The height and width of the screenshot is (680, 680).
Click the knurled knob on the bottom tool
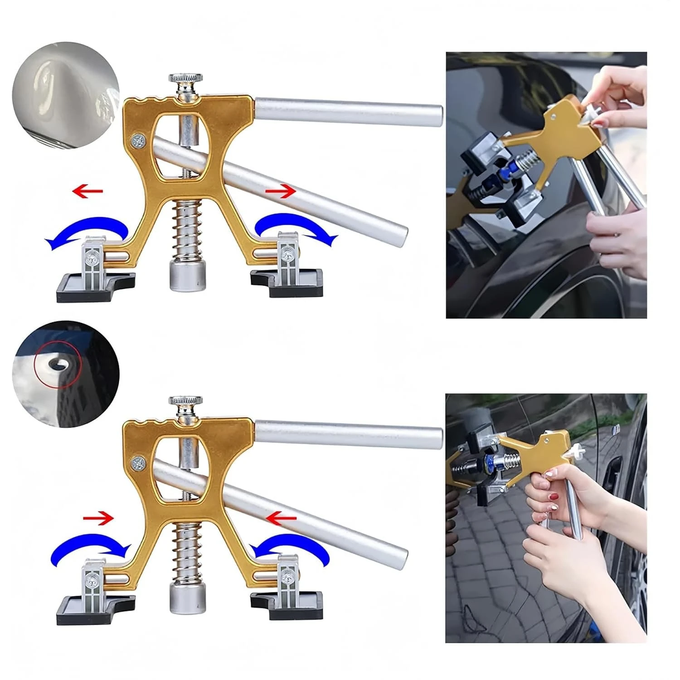[x=185, y=401]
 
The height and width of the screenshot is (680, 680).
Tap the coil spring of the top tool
[x=186, y=231]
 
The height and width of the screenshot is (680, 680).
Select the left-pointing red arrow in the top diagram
[x=87, y=191]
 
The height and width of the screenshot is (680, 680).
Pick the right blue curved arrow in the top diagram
[x=297, y=227]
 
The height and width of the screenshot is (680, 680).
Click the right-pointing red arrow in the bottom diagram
[x=98, y=516]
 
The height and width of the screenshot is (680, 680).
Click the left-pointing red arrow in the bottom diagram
[x=281, y=516]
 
